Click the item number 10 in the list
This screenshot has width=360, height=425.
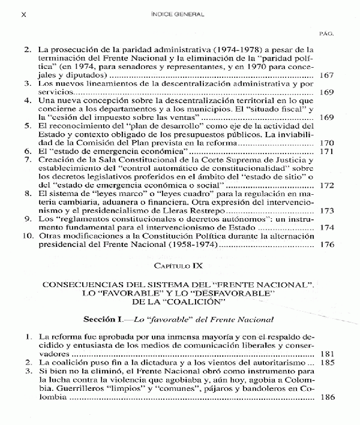26,237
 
